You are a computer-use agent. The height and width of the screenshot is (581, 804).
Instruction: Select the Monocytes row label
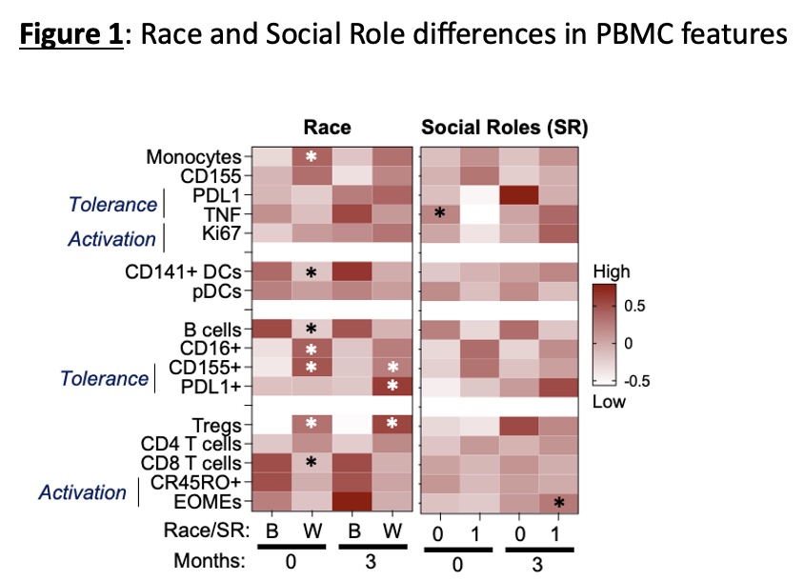click(x=194, y=156)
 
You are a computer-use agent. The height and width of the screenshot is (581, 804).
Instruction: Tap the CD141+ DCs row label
click(x=184, y=272)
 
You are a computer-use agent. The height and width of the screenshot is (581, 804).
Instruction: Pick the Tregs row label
click(x=221, y=424)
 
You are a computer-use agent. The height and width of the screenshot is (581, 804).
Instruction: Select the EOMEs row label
click(x=215, y=501)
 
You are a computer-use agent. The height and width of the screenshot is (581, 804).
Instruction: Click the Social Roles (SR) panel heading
click(x=504, y=128)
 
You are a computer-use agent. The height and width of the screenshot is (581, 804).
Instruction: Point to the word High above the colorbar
click(x=611, y=271)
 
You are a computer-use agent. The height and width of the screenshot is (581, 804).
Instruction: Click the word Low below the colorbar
click(x=609, y=401)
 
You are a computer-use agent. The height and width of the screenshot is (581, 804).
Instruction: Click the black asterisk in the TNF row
click(x=439, y=214)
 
